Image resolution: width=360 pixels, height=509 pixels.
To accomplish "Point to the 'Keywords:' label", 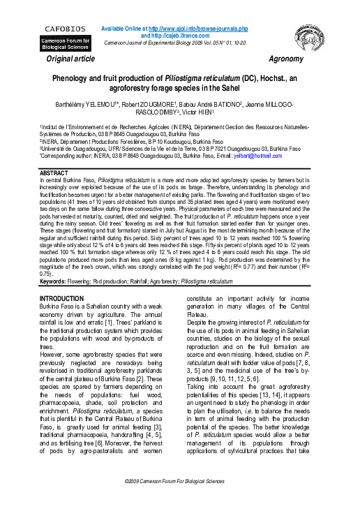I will pyautogui.click(x=58, y=281).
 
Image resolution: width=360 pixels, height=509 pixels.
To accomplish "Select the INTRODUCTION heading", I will pyautogui.click(x=62, y=298).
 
